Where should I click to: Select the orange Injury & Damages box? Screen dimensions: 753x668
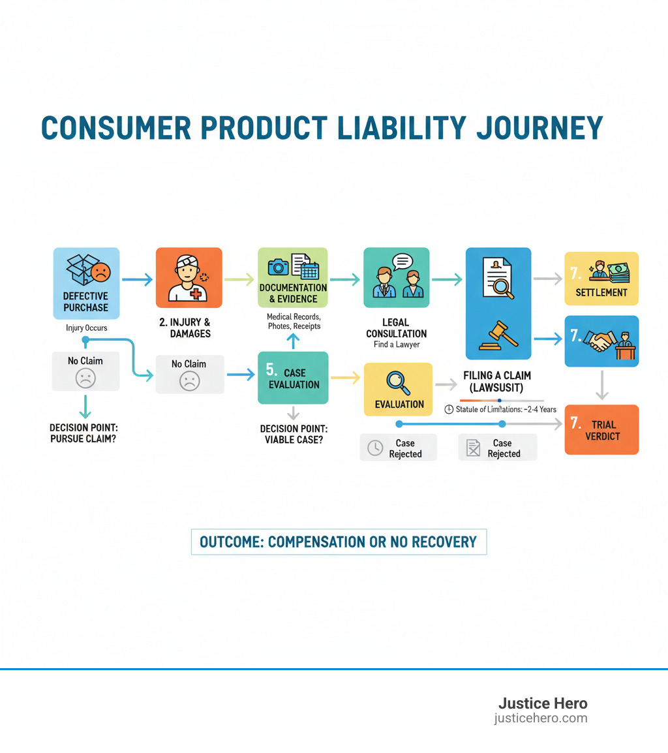point(189,278)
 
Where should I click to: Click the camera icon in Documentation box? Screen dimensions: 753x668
point(279,267)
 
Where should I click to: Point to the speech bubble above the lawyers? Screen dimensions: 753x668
point(402,262)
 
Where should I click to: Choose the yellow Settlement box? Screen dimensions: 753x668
point(601,279)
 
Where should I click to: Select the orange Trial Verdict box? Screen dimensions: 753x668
point(601,429)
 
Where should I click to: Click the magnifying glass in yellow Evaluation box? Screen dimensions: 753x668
point(398,382)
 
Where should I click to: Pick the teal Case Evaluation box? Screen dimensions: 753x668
point(293,378)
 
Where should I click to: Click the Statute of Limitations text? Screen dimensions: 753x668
point(501,409)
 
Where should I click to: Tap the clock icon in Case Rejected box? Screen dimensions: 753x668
point(375,448)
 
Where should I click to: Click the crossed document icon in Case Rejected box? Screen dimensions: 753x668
point(473,448)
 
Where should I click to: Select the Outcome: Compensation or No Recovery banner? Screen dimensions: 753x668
point(339,542)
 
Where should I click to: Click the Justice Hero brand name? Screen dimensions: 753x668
point(543,703)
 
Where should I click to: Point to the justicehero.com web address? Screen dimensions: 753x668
point(541,718)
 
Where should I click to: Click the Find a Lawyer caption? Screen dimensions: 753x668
point(396,345)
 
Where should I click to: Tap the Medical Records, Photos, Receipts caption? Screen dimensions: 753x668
point(293,321)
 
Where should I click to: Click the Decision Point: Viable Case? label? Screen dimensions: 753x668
point(293,435)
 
